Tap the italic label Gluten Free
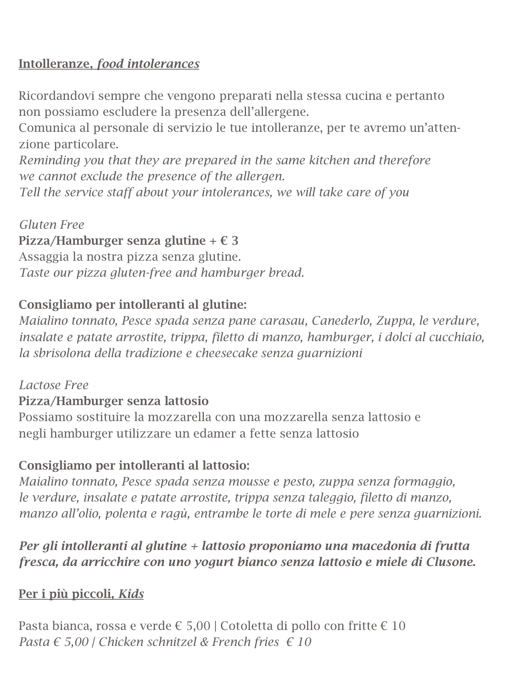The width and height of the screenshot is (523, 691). [x=51, y=225]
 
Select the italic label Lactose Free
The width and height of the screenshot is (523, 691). [x=54, y=385]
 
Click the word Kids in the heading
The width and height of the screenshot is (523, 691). [x=131, y=594]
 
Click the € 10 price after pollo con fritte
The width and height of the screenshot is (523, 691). [x=393, y=626]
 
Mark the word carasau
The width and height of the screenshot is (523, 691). [x=285, y=321]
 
